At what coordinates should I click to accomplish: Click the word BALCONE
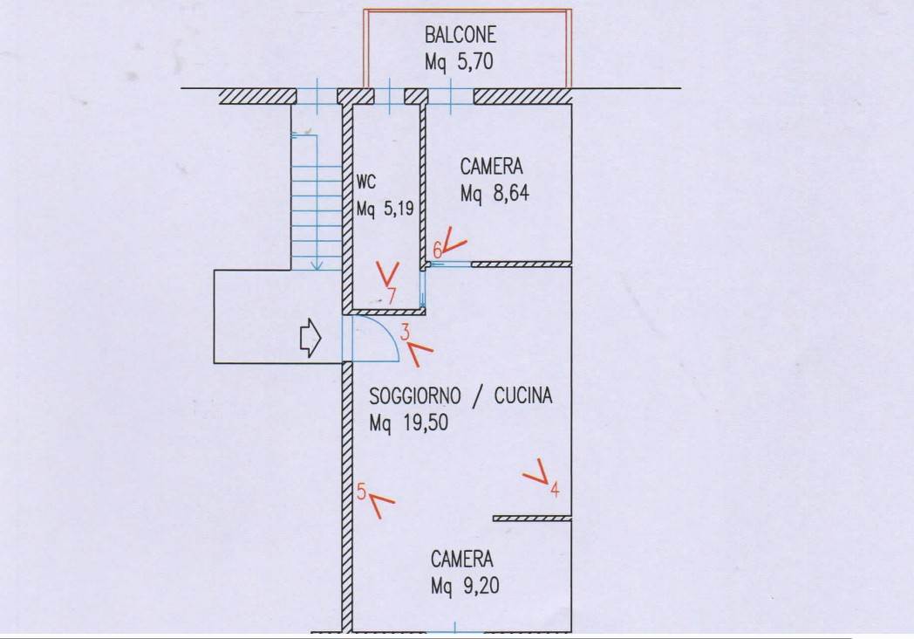click(460, 35)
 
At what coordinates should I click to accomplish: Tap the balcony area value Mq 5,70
click(460, 62)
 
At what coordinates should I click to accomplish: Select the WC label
click(366, 183)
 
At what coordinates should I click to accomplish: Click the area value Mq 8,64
click(495, 194)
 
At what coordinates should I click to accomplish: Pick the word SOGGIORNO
click(413, 396)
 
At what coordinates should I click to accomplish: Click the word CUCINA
click(523, 396)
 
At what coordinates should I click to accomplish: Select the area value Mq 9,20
click(463, 586)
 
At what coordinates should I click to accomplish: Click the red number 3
click(406, 332)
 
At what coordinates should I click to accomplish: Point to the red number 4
click(555, 490)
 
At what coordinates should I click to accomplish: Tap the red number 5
click(362, 491)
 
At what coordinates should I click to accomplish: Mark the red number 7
click(392, 296)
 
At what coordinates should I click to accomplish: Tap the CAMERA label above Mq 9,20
click(461, 559)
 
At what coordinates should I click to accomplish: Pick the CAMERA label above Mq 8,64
click(492, 167)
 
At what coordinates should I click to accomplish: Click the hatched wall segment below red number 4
click(531, 519)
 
